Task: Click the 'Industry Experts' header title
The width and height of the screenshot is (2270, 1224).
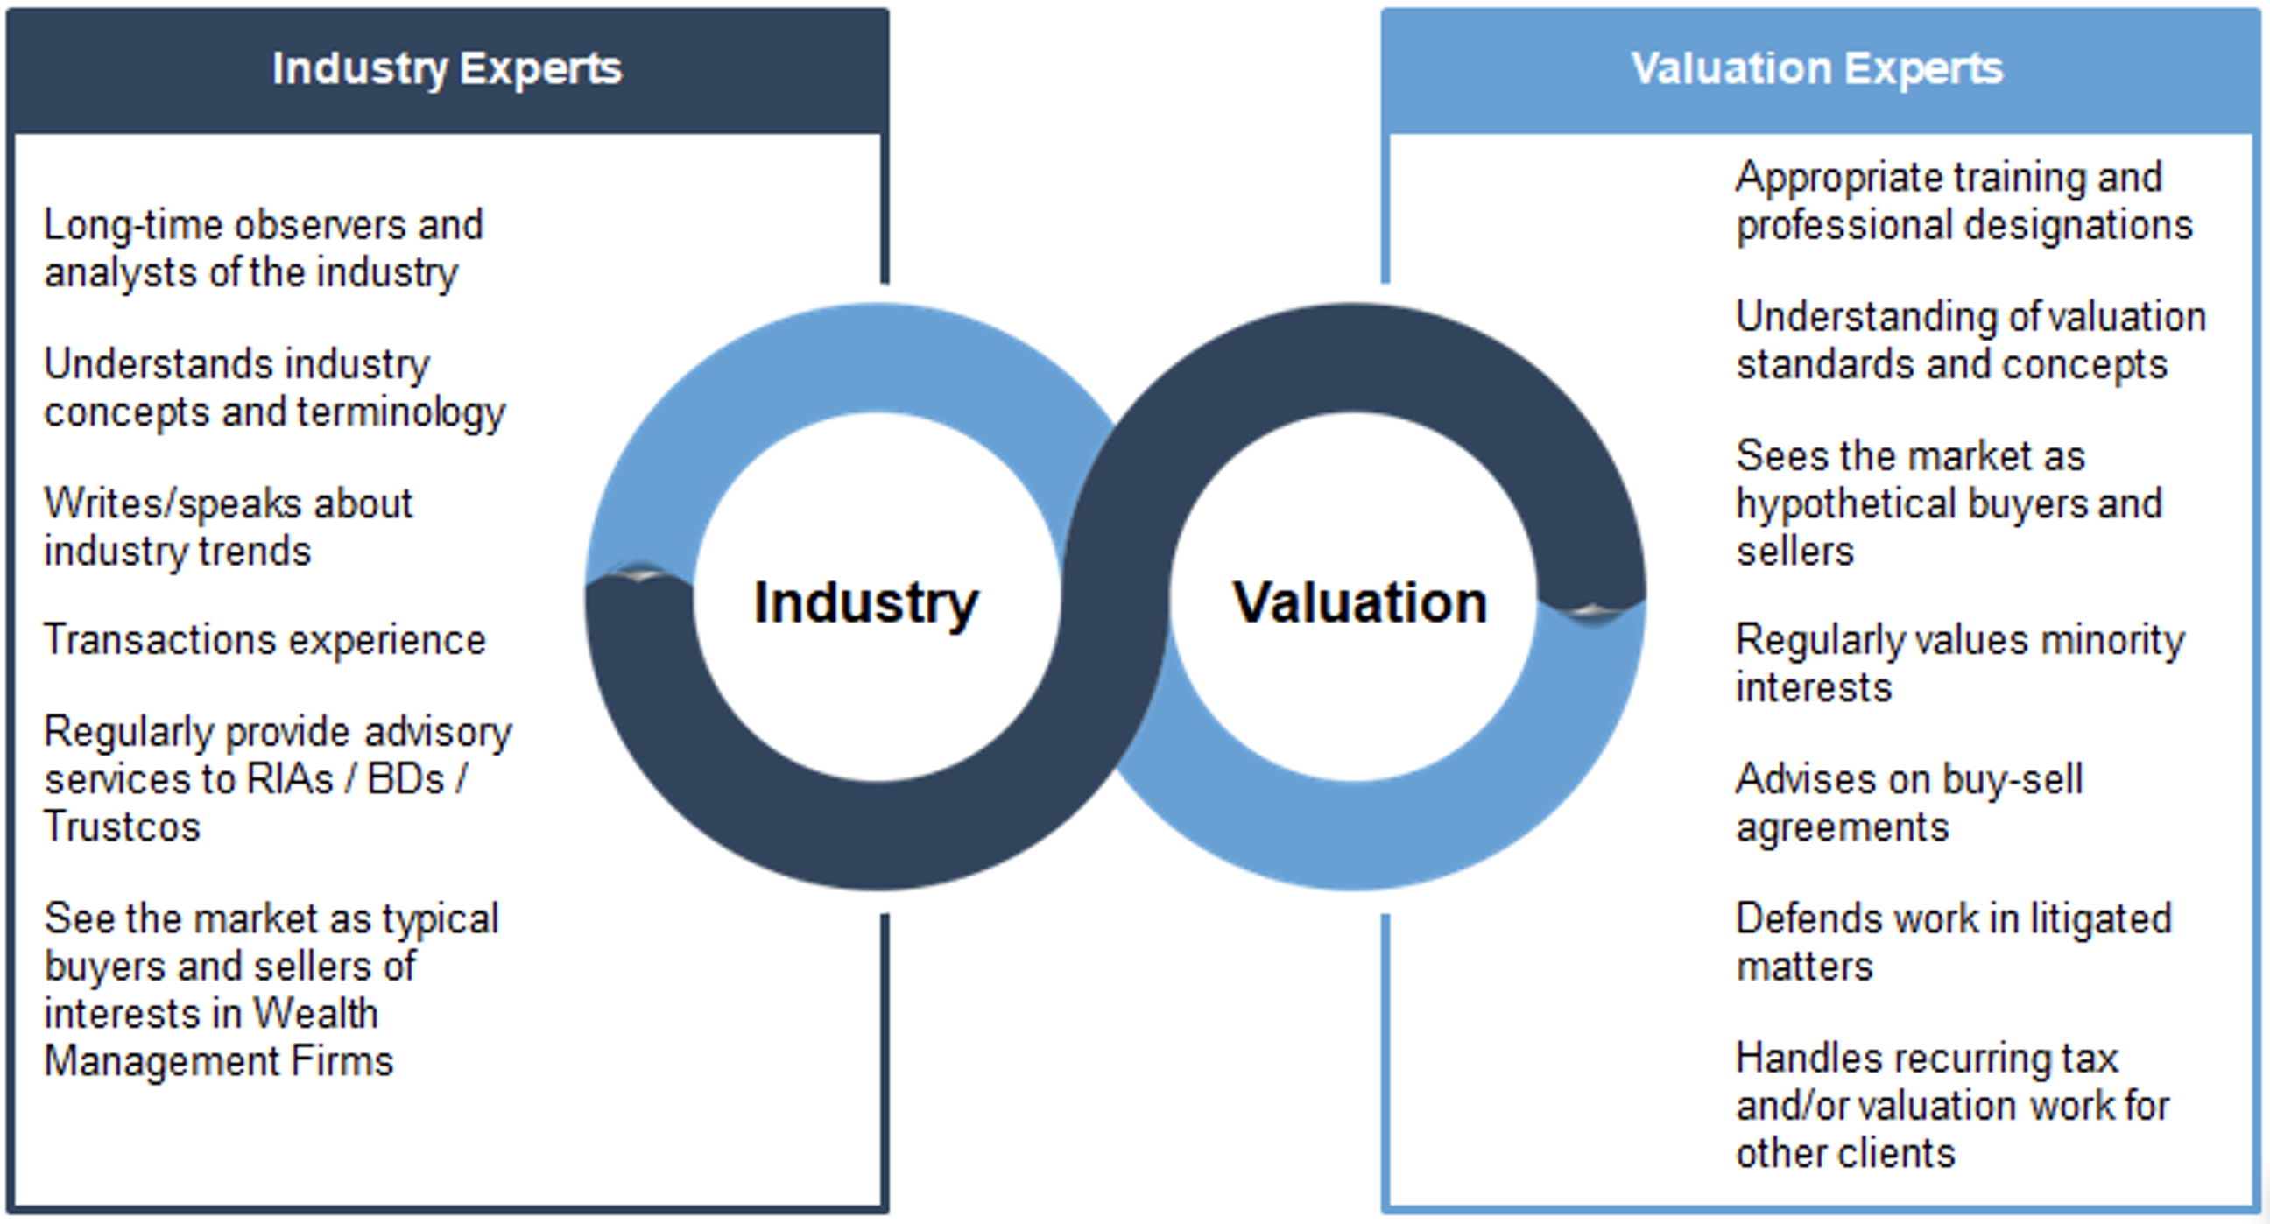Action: (447, 69)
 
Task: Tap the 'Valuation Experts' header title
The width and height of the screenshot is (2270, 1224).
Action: (1817, 69)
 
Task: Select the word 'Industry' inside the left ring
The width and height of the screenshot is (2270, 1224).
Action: (865, 602)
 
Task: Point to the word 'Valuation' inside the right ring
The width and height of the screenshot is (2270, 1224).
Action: (1360, 602)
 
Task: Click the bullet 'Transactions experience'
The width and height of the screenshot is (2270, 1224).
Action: (264, 640)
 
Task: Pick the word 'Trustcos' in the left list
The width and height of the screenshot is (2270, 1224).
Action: (123, 827)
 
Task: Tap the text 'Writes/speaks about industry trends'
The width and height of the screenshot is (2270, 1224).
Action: (228, 527)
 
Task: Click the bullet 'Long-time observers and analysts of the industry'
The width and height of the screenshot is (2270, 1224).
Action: (263, 249)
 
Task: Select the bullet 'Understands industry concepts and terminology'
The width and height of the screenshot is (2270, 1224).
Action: (274, 388)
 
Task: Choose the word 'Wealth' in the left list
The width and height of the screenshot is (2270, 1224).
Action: (315, 1013)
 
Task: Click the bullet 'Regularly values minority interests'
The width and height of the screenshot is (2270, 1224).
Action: (1959, 663)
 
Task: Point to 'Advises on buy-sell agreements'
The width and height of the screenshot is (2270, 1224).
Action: (1908, 803)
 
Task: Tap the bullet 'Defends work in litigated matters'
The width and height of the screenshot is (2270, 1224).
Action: (1953, 942)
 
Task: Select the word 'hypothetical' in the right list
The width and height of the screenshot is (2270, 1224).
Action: (1844, 504)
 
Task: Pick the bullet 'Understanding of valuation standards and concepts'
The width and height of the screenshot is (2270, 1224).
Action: (1970, 341)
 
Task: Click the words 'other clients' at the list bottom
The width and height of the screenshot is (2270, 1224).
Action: (1845, 1152)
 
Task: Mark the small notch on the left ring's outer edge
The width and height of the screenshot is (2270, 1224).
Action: (640, 575)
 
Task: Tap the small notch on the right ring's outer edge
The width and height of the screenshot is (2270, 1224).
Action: (1590, 609)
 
